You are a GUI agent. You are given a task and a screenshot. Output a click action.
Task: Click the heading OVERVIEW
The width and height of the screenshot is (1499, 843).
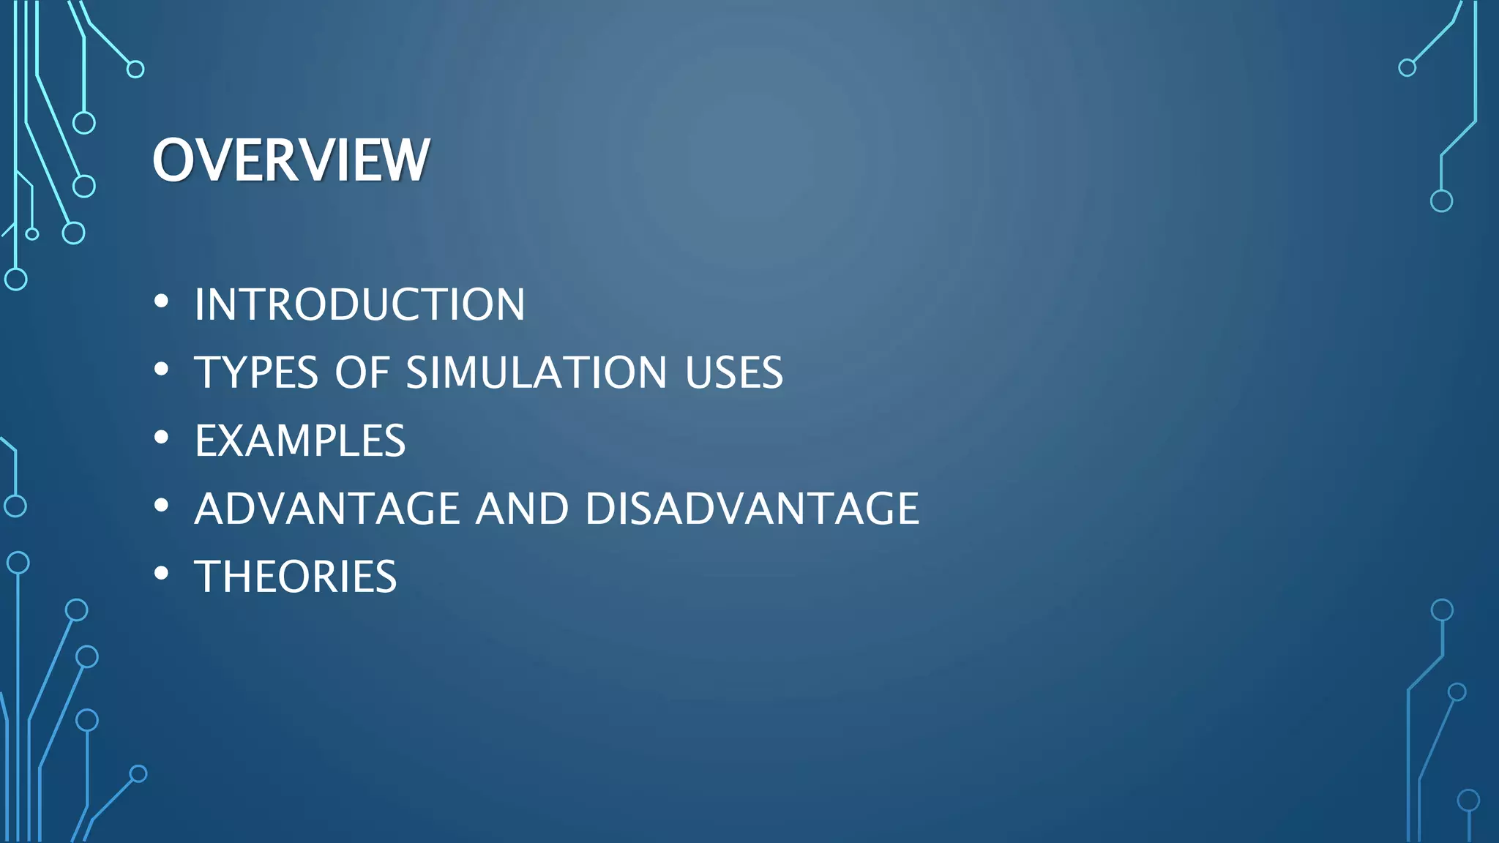pos(291,160)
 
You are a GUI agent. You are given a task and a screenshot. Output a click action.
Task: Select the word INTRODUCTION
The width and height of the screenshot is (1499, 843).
pos(359,304)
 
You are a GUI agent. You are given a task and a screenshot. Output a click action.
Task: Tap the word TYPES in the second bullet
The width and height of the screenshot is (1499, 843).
pos(256,372)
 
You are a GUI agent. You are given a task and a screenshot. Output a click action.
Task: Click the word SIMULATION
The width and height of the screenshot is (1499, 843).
pos(536,372)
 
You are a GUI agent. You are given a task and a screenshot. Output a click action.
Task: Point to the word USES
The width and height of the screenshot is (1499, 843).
pos(733,372)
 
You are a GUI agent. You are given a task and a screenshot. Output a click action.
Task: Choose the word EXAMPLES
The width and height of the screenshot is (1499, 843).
pos(300,441)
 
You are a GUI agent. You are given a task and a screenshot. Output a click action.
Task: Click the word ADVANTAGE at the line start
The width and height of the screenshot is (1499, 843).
pos(327,509)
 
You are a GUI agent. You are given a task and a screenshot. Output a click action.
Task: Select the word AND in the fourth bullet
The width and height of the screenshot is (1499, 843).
pos(522,509)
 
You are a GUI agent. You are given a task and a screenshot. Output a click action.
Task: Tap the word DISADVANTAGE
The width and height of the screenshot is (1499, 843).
pos(752,509)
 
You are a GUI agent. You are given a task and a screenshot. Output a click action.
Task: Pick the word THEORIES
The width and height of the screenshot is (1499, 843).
pos(296,577)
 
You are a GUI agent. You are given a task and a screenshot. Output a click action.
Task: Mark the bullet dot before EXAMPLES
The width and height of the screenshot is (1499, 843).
pos(162,438)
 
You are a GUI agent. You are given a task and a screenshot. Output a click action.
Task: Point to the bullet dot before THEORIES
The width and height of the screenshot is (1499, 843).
pos(162,574)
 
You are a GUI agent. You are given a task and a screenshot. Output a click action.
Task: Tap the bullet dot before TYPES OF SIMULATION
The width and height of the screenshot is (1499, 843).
pos(162,370)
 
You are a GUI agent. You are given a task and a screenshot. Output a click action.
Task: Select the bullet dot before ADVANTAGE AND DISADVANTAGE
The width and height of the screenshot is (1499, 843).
pos(162,506)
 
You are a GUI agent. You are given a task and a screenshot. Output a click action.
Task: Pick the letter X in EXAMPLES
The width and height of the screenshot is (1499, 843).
pos(237,441)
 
